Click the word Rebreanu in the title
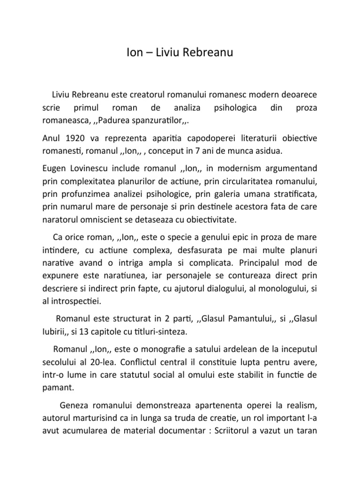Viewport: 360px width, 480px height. pos(208,53)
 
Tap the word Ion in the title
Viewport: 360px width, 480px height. pos(135,53)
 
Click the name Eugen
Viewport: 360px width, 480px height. pos(54,168)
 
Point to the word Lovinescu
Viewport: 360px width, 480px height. pos(94,168)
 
